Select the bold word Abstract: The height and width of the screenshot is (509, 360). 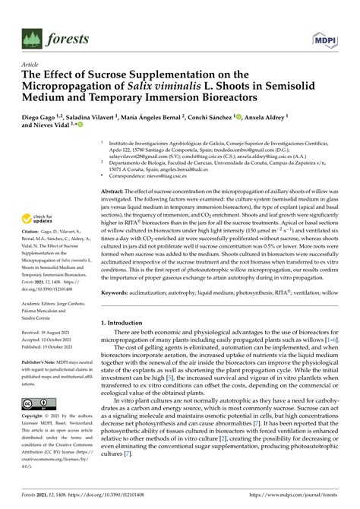tap(115, 192)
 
